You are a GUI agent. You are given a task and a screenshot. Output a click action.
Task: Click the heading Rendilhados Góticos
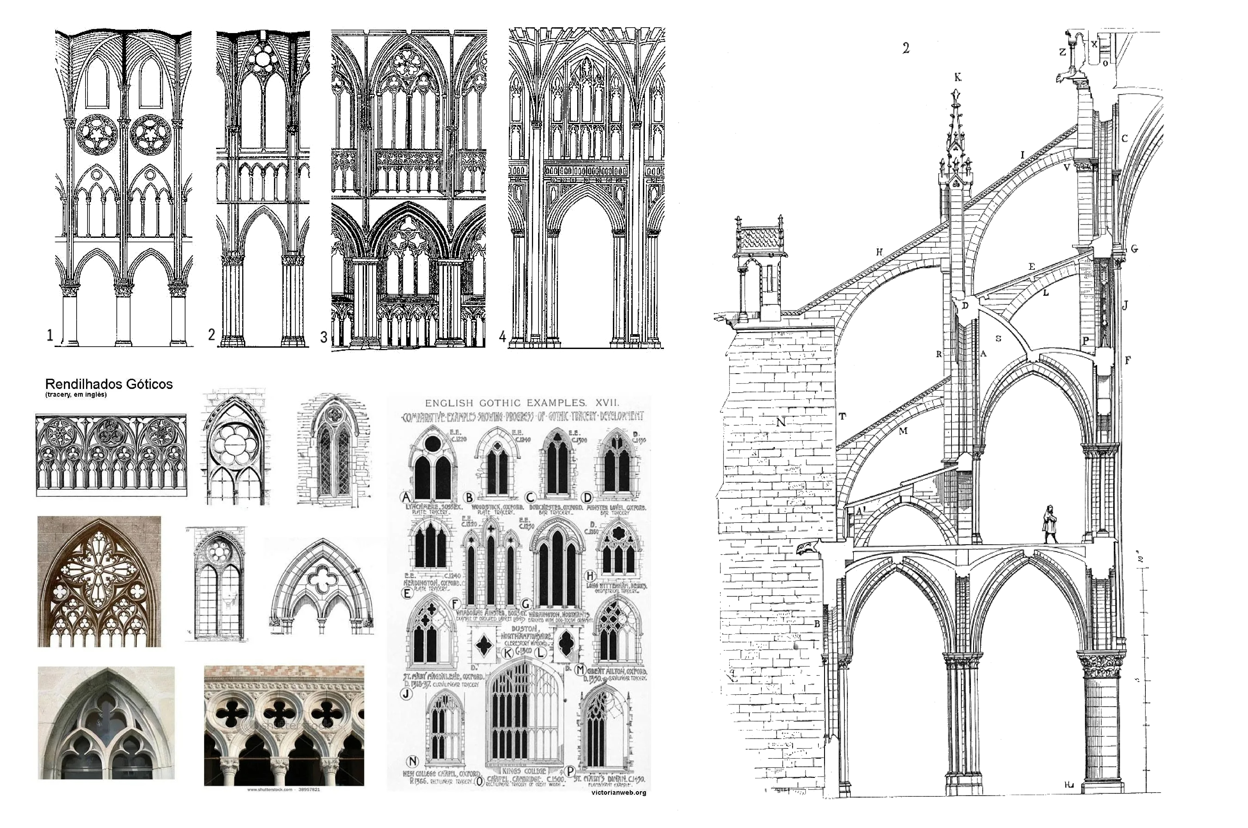109,384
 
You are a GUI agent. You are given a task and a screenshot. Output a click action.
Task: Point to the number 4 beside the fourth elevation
502,336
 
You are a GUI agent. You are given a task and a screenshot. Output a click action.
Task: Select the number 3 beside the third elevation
324,337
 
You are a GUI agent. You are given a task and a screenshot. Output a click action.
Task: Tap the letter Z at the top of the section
1062,52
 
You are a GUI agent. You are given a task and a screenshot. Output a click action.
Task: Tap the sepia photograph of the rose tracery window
99,581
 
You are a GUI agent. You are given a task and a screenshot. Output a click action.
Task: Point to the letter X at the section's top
1094,44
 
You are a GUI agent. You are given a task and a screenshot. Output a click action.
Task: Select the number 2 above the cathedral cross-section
906,49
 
